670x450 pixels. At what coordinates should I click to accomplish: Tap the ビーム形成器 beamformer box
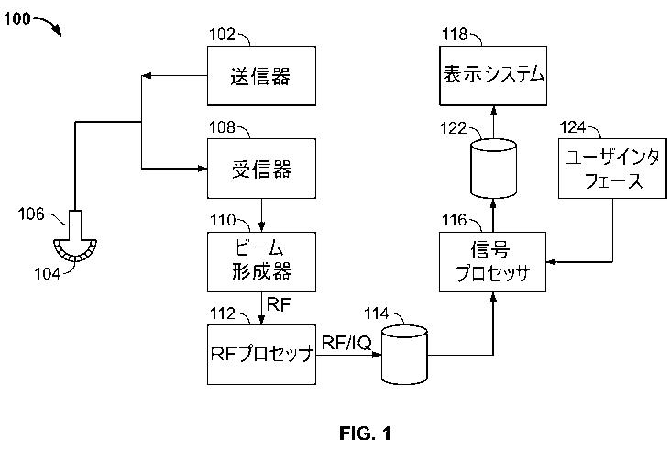tap(262, 260)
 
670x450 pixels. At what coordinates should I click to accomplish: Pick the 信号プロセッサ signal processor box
tap(493, 262)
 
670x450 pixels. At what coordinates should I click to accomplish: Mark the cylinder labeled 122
tap(493, 168)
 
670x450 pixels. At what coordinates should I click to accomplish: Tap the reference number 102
tap(223, 35)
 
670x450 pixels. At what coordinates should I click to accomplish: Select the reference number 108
tap(223, 127)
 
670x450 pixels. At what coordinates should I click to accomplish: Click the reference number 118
tap(455, 35)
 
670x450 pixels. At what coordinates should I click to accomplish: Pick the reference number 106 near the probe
tap(32, 214)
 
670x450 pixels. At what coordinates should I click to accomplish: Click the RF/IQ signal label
tap(345, 344)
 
